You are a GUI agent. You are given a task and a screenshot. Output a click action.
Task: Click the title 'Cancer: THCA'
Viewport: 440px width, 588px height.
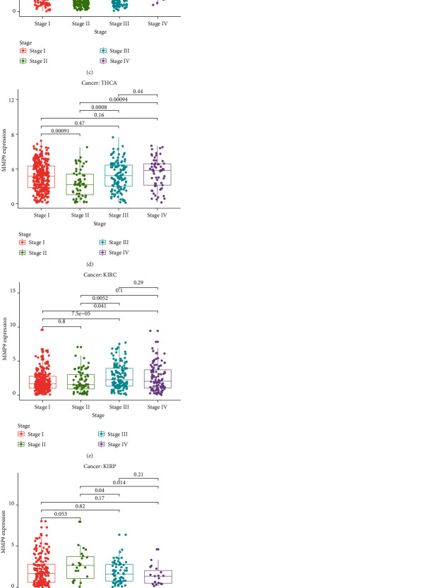coord(100,83)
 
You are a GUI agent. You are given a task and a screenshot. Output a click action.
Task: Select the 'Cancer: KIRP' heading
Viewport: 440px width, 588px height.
coord(100,467)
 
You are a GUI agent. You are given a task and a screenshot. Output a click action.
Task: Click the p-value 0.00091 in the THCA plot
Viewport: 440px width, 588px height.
coord(61,131)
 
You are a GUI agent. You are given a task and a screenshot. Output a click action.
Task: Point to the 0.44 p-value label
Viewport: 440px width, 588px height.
coord(138,92)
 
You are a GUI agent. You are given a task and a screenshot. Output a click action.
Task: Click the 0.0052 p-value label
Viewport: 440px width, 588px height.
coord(100,298)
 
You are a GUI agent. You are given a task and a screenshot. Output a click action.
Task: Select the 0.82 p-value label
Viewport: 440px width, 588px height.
coord(81,506)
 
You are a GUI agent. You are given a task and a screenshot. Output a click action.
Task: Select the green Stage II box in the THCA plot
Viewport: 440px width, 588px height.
coord(81,184)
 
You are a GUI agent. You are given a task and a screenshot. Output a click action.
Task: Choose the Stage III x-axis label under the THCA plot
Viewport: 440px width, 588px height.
coord(119,215)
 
